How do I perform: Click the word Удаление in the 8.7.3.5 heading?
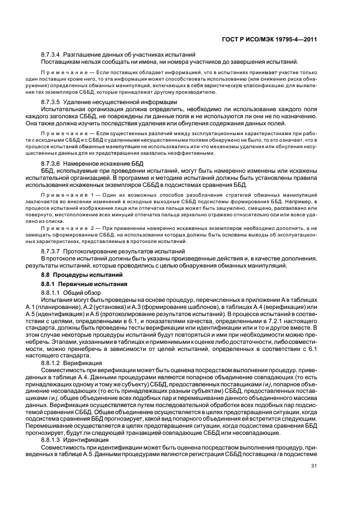[77, 101]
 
